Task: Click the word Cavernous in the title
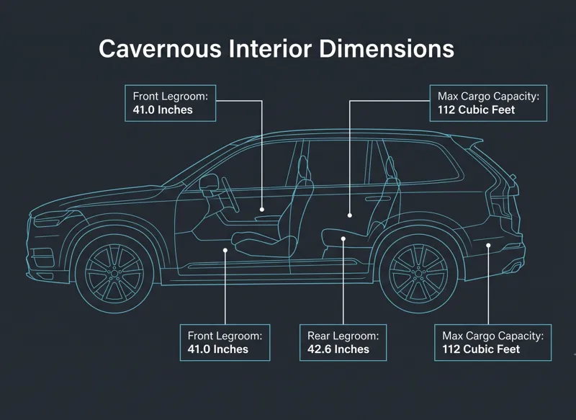click(160, 48)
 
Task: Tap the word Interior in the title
click(270, 48)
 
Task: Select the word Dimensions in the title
click(387, 48)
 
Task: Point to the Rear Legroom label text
click(343, 336)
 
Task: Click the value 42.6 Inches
click(338, 349)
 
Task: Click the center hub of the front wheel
click(114, 274)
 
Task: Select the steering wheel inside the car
click(230, 195)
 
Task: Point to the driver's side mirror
click(208, 183)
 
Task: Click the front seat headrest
click(303, 168)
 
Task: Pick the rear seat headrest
click(390, 167)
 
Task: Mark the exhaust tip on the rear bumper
click(516, 267)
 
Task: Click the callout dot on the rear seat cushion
click(343, 239)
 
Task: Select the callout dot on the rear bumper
click(488, 246)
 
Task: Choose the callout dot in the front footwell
click(225, 250)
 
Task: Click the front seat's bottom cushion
click(264, 243)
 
